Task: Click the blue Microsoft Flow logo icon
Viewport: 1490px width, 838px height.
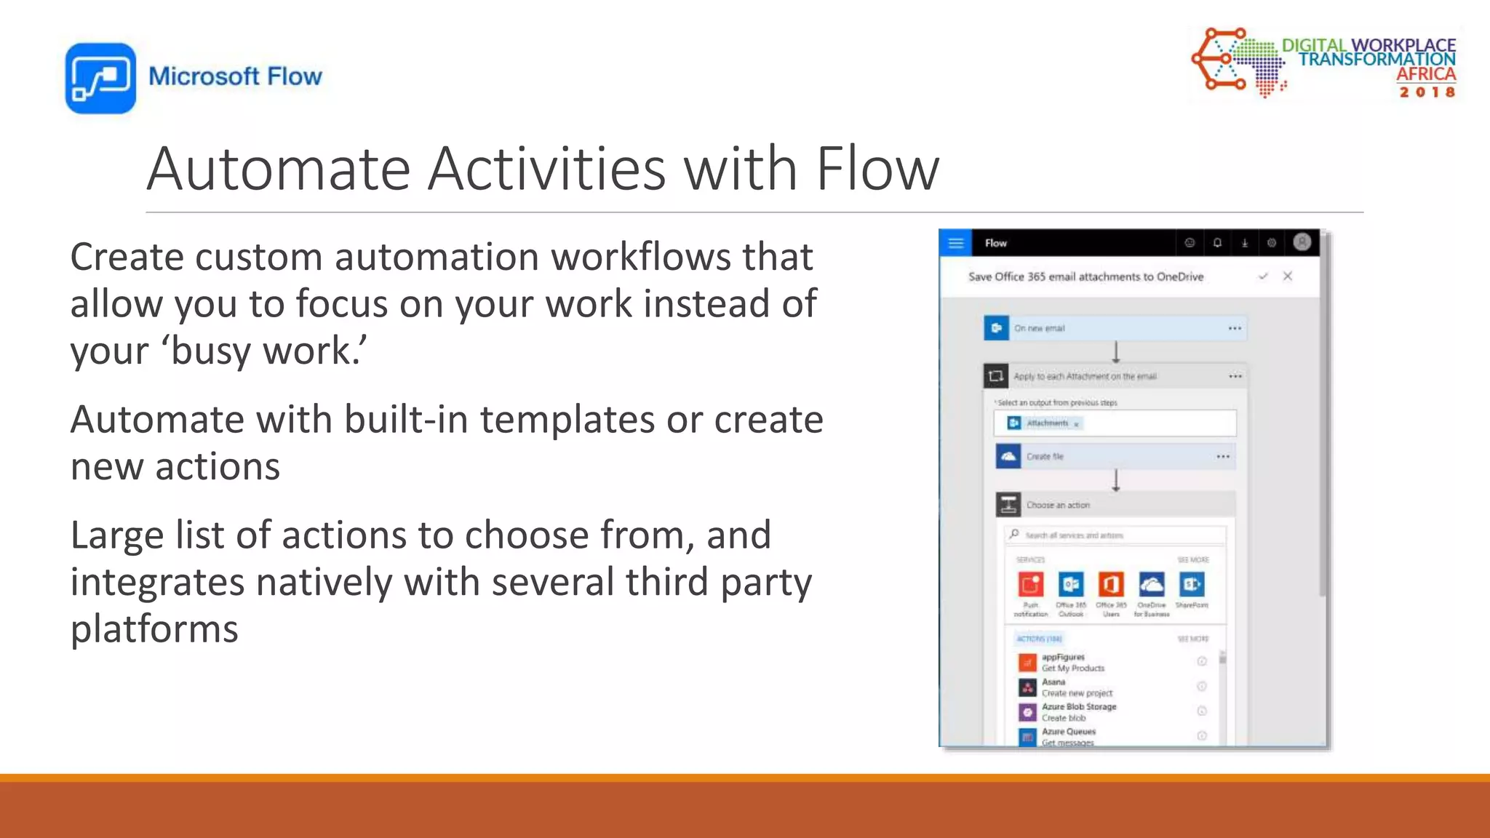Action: [x=100, y=78]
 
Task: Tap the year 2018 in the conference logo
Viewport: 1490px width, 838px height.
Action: [x=1427, y=92]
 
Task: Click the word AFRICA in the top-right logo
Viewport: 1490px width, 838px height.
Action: [x=1426, y=74]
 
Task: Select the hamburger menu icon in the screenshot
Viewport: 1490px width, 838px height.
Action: [x=956, y=243]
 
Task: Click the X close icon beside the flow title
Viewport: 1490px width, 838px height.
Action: [x=1288, y=276]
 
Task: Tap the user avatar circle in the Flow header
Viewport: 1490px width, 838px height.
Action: [x=1302, y=242]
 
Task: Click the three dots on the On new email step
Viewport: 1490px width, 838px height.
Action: [x=1235, y=328]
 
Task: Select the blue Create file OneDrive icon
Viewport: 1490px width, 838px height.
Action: [x=1008, y=456]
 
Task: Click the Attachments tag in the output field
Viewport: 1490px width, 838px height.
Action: [x=1046, y=423]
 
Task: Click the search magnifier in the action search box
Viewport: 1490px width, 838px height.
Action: [x=1014, y=535]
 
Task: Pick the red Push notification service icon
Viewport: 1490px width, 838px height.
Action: [x=1031, y=584]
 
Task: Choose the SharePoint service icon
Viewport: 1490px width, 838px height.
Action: [x=1192, y=584]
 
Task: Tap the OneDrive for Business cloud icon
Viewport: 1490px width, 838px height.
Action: [x=1151, y=584]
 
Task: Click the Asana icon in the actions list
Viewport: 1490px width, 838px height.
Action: [x=1027, y=687]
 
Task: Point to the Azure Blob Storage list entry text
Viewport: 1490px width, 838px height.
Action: [x=1078, y=707]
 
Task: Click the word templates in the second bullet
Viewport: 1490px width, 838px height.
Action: [x=567, y=420]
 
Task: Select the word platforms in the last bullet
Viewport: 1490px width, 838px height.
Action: [x=154, y=628]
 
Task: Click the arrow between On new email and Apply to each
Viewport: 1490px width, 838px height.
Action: [x=1116, y=352]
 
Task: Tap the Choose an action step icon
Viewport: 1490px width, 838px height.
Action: [x=1008, y=505]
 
